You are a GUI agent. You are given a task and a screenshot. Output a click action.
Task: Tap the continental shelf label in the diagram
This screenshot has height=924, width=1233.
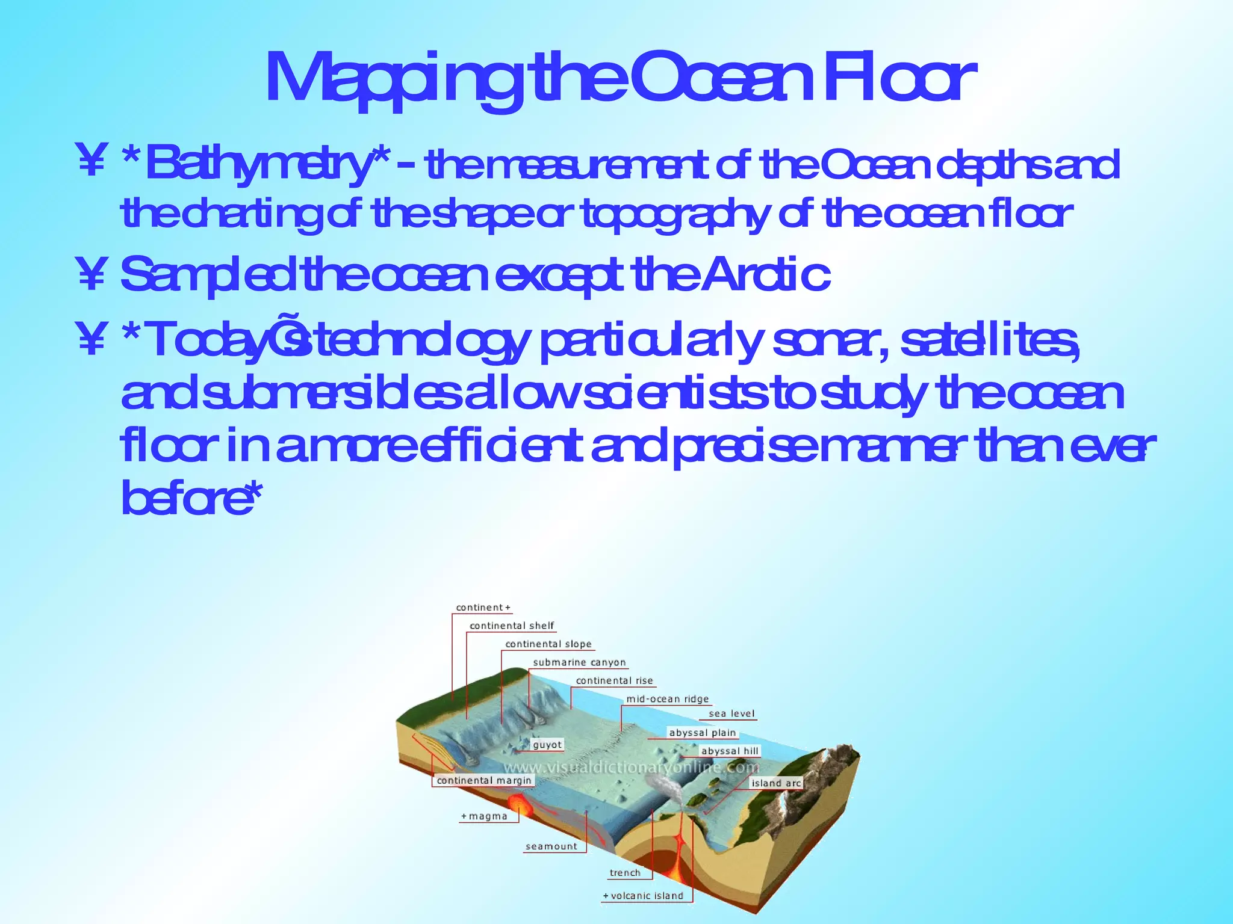coord(512,626)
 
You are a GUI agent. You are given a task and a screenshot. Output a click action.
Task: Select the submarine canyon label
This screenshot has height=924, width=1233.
coord(579,662)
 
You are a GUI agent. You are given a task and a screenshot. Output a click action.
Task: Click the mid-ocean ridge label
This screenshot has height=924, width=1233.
coord(668,699)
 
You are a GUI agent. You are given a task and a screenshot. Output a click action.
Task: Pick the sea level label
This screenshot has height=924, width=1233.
coord(731,714)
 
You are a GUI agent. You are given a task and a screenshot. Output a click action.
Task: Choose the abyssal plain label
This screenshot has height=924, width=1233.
coord(703,733)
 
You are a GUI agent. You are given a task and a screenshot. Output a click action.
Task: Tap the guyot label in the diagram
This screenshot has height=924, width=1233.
coord(547,745)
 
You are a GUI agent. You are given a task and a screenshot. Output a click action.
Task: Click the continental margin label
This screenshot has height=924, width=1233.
coord(484,780)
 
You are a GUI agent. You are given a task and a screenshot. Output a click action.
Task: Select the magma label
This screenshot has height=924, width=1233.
coord(485,816)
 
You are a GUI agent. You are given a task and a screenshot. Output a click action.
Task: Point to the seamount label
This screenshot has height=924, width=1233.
coord(551,846)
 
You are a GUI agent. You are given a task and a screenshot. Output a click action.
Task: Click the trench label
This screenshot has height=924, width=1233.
coord(625,873)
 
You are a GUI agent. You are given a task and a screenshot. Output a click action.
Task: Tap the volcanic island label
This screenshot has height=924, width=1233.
coord(644,896)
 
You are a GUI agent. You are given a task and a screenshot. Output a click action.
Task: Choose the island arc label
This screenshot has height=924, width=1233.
coord(776,783)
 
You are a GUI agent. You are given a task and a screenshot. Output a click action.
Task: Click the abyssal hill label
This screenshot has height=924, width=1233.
coord(730,751)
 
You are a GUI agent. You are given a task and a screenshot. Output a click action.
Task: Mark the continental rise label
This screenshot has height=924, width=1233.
coord(614,681)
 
